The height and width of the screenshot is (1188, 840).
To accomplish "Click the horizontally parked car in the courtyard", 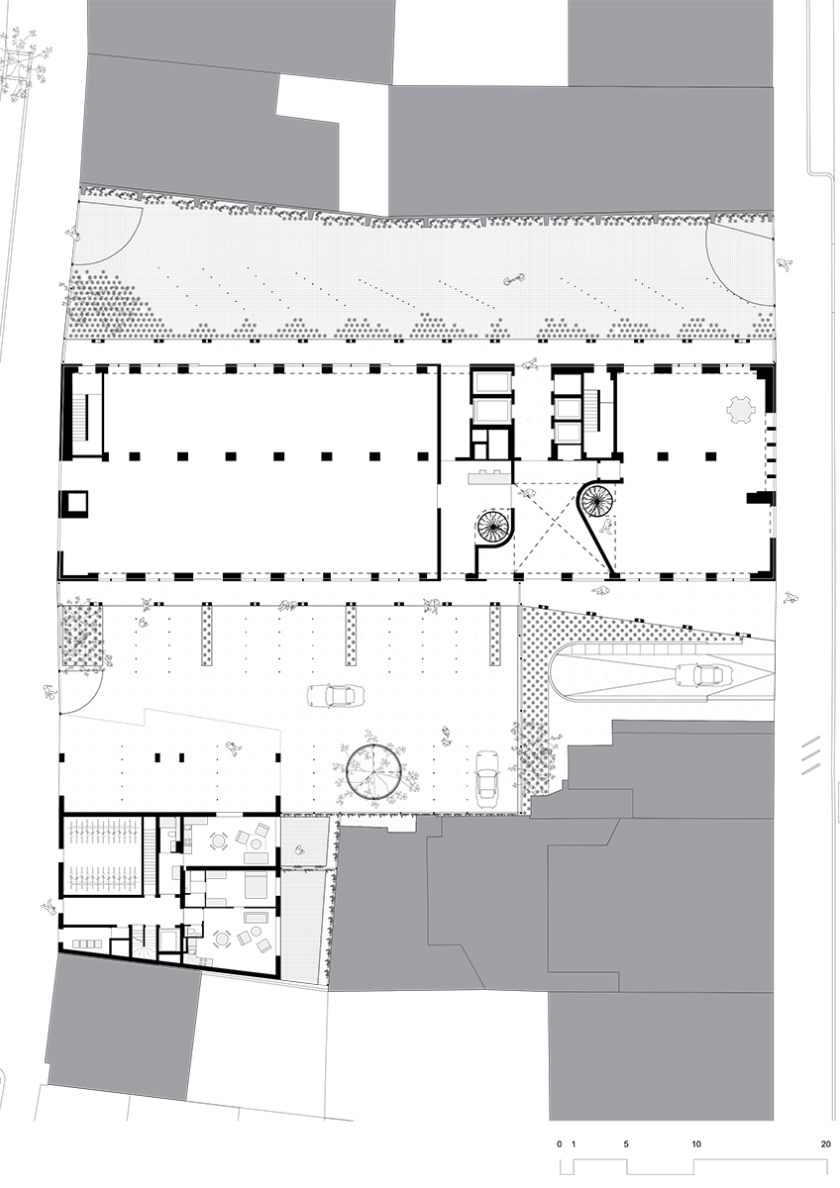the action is (x=338, y=695).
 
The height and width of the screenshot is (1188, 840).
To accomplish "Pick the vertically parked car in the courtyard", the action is (x=487, y=779).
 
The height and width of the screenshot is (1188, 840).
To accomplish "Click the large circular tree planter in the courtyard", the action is (x=372, y=770).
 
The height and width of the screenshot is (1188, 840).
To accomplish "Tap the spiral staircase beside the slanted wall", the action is (x=595, y=499).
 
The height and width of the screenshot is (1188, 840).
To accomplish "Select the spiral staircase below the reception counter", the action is (x=493, y=527).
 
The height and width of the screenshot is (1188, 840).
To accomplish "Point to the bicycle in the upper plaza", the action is (x=514, y=278).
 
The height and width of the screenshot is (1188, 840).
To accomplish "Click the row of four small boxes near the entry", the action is (x=85, y=944).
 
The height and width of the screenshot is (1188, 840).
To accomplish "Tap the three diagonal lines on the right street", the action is (x=812, y=754).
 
